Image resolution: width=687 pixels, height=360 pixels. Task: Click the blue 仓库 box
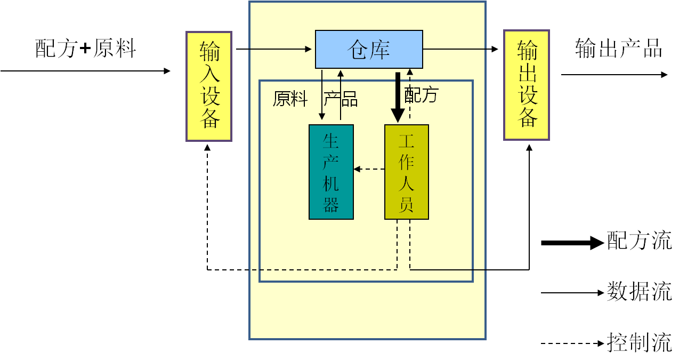[369, 50]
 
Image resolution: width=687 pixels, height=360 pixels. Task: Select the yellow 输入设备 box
[209, 86]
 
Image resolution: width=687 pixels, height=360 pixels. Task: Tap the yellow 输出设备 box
[527, 85]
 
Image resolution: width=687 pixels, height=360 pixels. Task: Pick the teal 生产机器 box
[331, 172]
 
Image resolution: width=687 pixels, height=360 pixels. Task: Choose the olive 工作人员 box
[407, 172]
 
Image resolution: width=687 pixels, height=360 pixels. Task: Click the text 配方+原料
[86, 49]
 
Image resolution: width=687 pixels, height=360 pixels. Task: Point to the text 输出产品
[618, 49]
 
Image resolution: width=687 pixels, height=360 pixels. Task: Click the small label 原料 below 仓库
[290, 99]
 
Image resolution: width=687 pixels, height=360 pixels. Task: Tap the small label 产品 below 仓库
[341, 99]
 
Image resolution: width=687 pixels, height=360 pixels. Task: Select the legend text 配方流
[639, 241]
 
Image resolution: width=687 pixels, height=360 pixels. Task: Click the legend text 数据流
[639, 292]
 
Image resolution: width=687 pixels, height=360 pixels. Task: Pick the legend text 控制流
[639, 343]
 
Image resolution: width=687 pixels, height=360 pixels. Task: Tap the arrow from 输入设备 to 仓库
[273, 50]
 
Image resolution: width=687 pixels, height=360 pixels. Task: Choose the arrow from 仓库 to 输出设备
[461, 50]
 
